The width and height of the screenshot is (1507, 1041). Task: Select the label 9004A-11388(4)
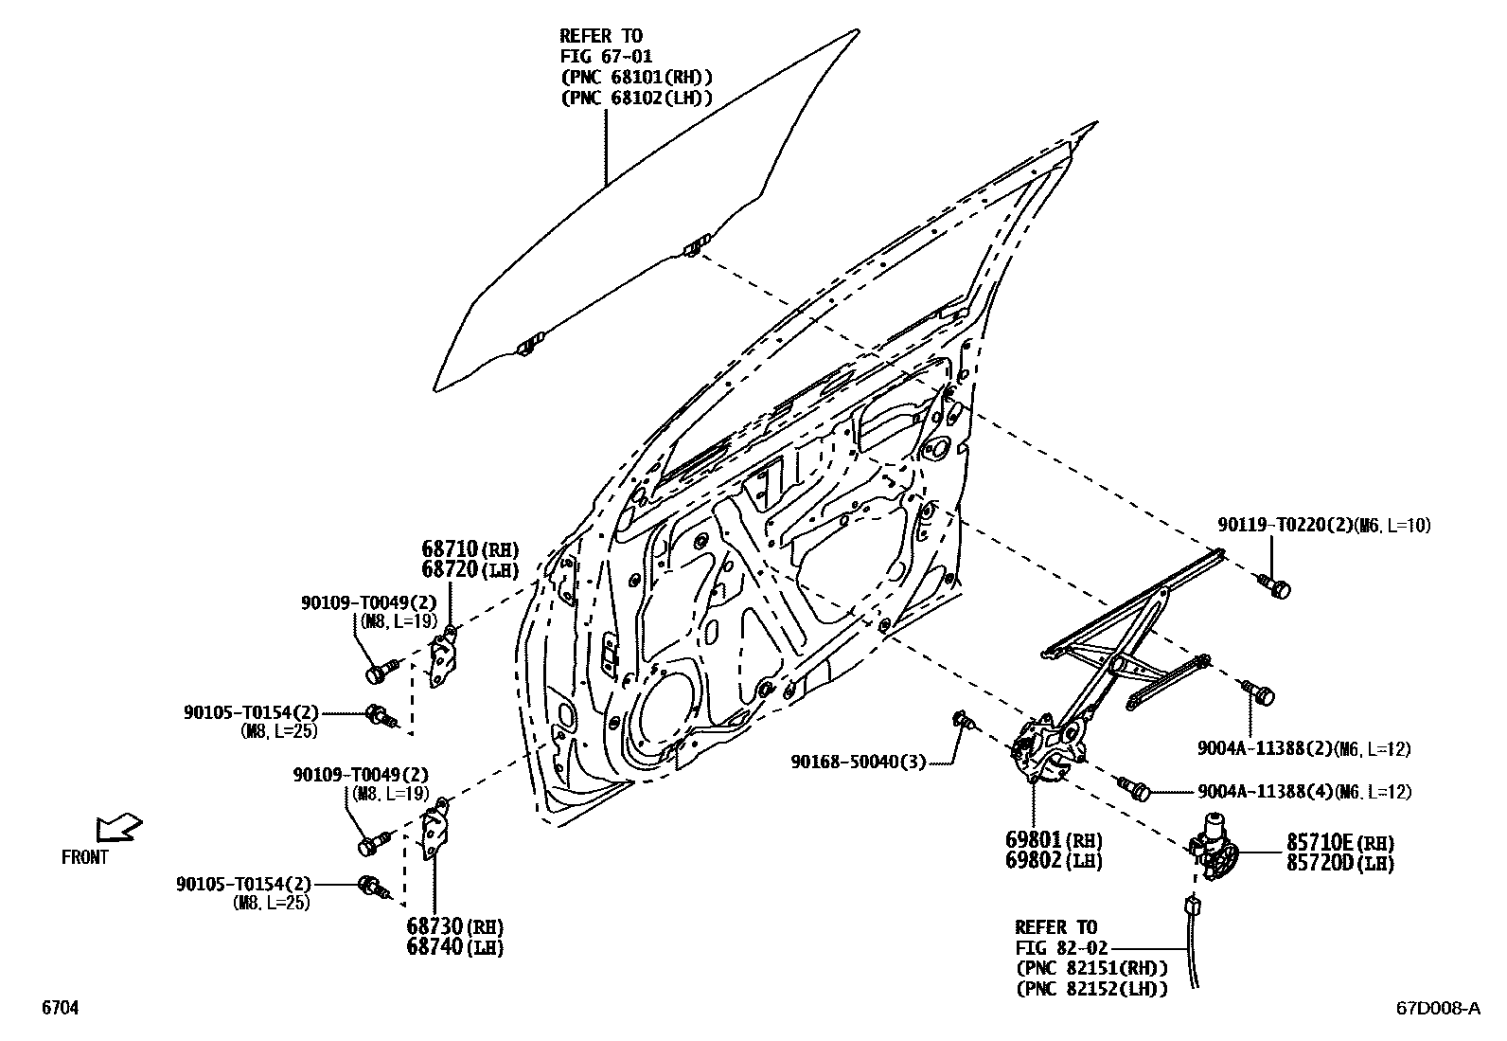[1264, 792]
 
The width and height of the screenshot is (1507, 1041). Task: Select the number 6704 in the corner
[59, 1009]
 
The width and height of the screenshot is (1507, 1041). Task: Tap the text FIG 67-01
[606, 57]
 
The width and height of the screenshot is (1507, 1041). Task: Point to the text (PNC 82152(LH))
[1090, 988]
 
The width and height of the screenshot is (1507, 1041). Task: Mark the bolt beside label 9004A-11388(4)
[1134, 786]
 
